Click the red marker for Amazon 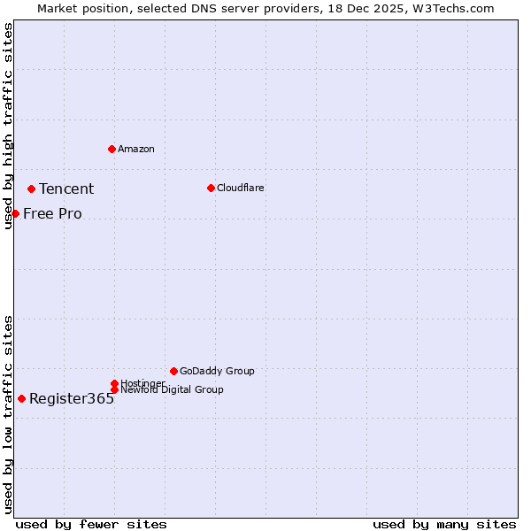(112, 149)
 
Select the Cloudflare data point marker (211, 188)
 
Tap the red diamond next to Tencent (31, 189)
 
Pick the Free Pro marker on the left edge (15, 213)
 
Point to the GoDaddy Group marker (173, 371)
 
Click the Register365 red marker (21, 398)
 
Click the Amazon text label (136, 149)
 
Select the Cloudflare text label (241, 188)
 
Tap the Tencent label (66, 189)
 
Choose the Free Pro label (52, 213)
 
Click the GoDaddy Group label (217, 371)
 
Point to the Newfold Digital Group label (172, 389)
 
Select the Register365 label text (72, 398)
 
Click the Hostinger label (142, 382)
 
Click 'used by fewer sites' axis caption (91, 524)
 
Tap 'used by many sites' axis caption (444, 524)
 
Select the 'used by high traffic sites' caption (9, 126)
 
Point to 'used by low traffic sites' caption (9, 414)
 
